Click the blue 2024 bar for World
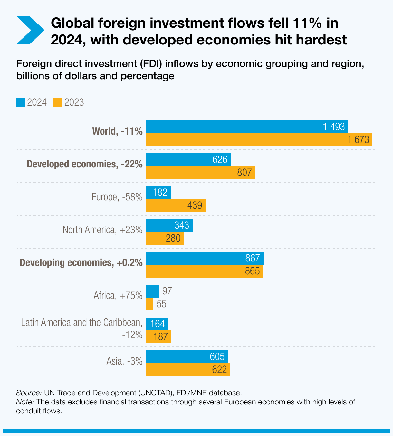pos(247,127)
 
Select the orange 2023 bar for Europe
pos(176,205)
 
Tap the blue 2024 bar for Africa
pos(152,291)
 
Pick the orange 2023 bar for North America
pos(165,238)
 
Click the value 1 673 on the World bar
pos(358,140)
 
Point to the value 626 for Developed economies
pos(220,160)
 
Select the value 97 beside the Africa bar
pos(167,291)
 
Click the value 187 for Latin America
pos(161,337)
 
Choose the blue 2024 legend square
pos(21,102)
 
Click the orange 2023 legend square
pos(58,102)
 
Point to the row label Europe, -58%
pos(117,197)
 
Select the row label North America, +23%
pos(102,230)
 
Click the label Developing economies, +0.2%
pos(81,263)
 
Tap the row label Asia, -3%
pos(124,361)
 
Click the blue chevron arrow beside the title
pos(30,30)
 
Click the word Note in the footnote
pos(25,402)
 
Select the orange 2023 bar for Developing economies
pos(204,271)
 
